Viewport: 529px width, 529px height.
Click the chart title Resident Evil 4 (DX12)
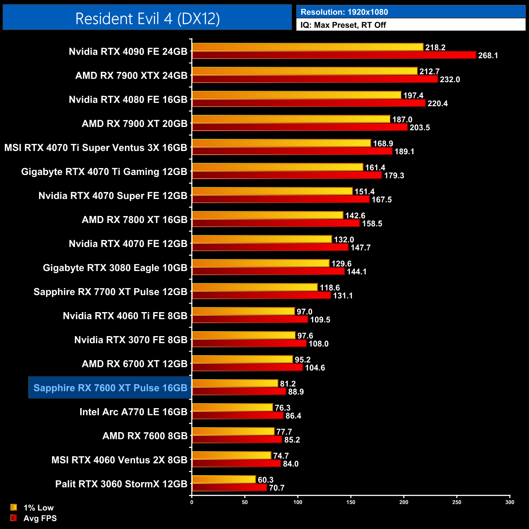(x=147, y=19)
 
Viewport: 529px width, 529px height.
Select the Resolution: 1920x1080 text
(x=344, y=12)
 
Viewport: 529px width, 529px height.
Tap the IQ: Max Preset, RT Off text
(x=343, y=25)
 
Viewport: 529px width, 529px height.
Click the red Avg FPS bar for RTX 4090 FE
(x=334, y=55)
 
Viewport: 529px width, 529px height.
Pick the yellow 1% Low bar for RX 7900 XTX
(x=305, y=71)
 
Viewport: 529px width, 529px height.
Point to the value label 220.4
(x=437, y=104)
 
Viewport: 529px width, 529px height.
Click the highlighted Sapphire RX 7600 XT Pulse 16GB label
(x=110, y=388)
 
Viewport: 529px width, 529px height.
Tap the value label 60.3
(x=266, y=480)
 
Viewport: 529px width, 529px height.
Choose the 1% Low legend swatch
(x=14, y=507)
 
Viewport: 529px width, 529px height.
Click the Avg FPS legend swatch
(x=14, y=518)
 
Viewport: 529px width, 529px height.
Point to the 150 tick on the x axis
(x=351, y=502)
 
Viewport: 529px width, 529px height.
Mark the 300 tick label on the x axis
(x=509, y=502)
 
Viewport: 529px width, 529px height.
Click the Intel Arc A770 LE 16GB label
(x=133, y=412)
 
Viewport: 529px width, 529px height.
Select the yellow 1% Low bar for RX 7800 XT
(x=267, y=215)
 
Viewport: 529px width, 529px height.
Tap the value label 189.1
(x=404, y=152)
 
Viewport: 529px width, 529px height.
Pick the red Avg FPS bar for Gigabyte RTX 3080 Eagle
(x=268, y=271)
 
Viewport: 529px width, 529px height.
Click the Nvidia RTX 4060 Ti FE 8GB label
(x=125, y=316)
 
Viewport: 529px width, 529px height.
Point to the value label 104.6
(x=315, y=368)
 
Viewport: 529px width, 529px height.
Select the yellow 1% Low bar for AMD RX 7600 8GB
(x=233, y=432)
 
